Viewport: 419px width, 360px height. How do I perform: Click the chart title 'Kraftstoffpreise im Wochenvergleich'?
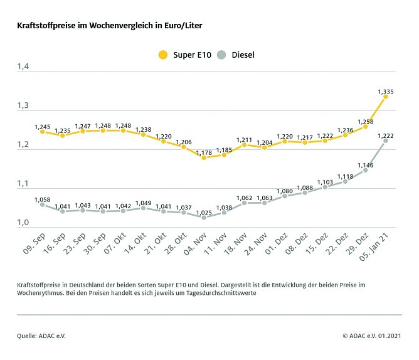[x=110, y=26]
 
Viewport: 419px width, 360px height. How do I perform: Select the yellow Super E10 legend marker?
[x=163, y=55]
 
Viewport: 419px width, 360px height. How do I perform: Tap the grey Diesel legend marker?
[x=221, y=55]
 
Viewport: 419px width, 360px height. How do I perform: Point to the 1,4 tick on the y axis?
[x=23, y=66]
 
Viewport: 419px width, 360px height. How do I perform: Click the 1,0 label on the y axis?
[x=23, y=223]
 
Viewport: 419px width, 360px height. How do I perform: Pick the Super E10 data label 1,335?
[x=386, y=92]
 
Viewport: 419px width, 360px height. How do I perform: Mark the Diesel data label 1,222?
[x=386, y=135]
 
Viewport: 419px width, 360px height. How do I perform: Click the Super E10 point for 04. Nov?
[x=204, y=157]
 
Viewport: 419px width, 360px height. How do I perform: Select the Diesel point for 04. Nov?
[x=204, y=218]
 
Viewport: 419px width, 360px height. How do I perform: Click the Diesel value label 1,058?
[x=42, y=198]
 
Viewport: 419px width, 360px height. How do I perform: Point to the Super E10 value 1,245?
[x=42, y=126]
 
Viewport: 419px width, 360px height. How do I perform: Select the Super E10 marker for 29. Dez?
[x=366, y=127]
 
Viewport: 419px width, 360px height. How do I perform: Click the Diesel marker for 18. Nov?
[x=244, y=203]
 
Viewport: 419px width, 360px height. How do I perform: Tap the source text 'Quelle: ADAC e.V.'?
[x=41, y=336]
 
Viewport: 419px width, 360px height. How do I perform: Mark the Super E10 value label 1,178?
[x=204, y=152]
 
